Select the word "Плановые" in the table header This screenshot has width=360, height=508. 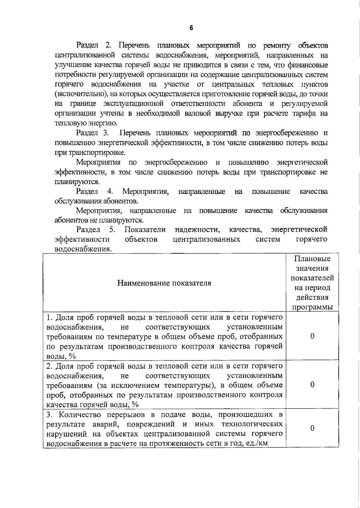[x=312, y=259]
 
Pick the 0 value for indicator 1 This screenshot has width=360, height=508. [x=312, y=336]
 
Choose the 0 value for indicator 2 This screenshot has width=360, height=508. [x=312, y=385]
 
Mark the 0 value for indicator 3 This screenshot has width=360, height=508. [x=312, y=429]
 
